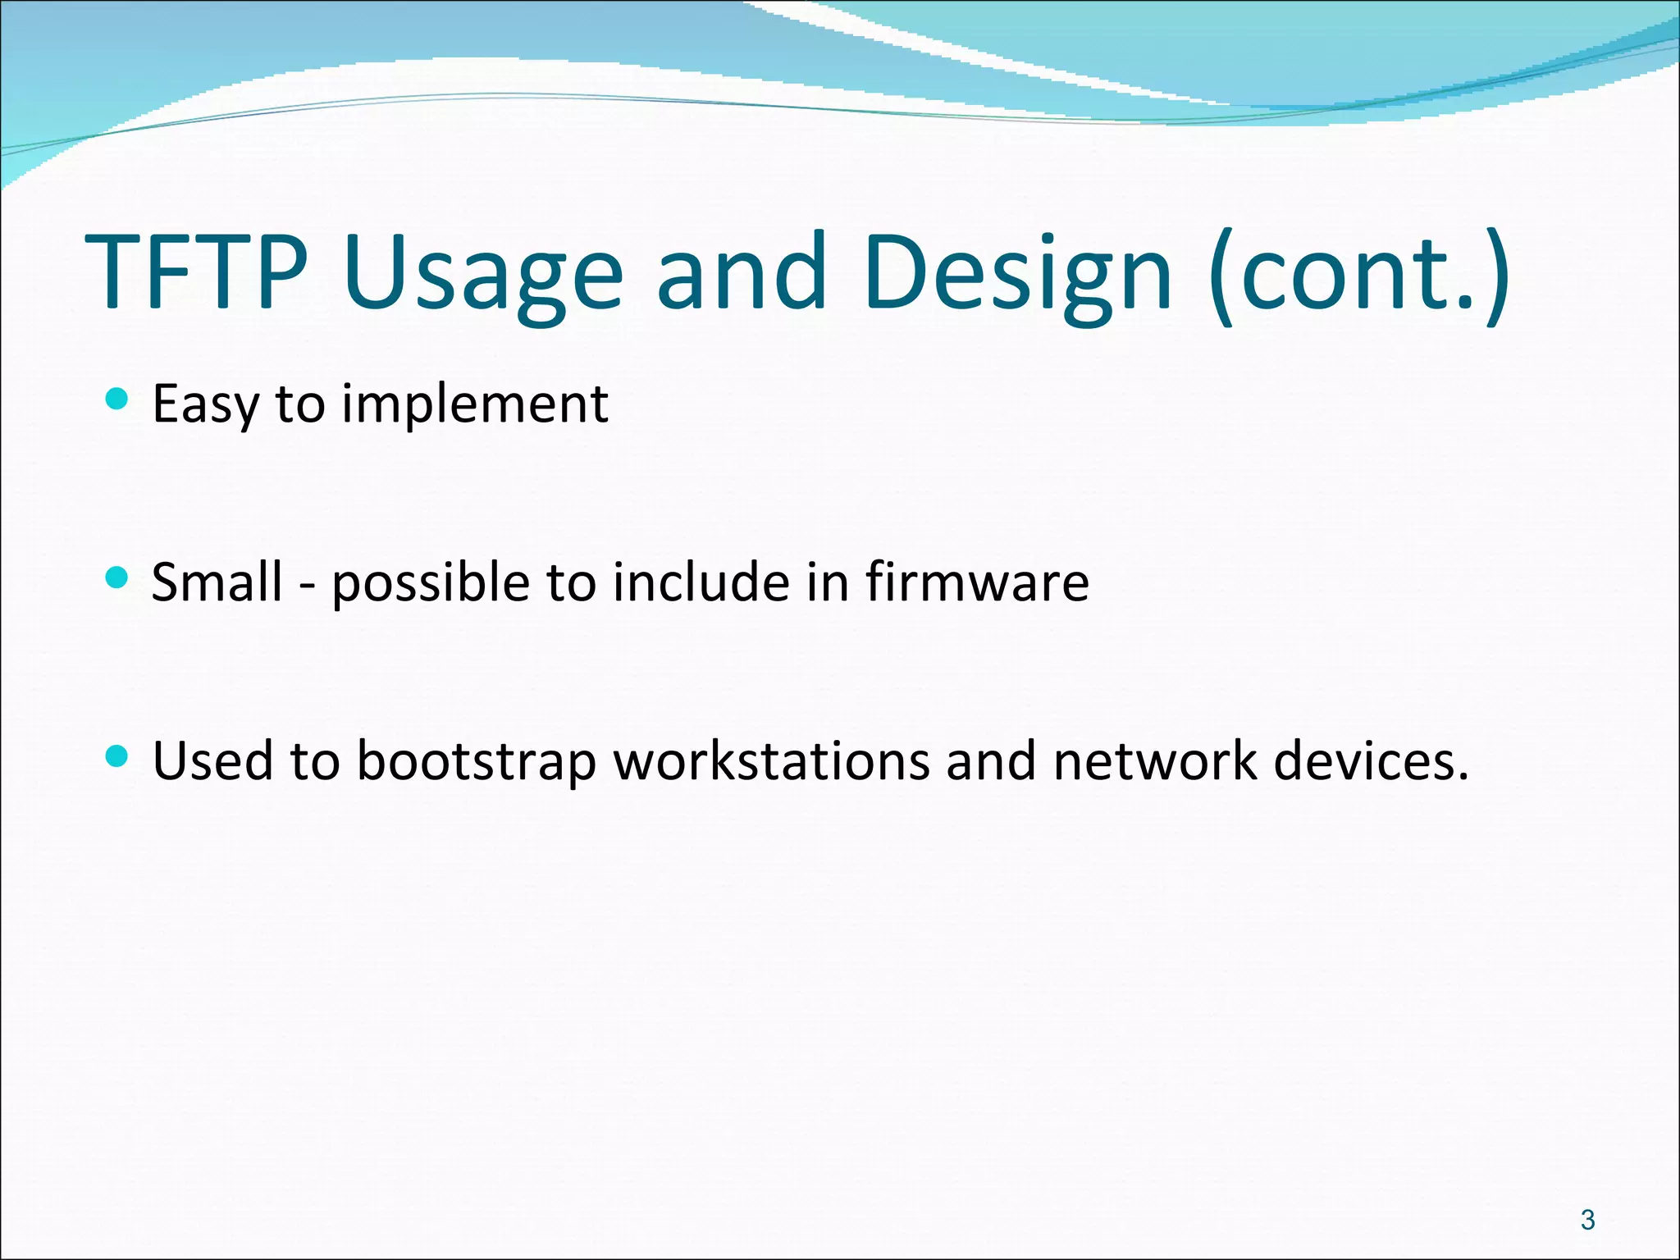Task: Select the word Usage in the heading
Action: [x=484, y=275]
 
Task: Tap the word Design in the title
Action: [x=1017, y=275]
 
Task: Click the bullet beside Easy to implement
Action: [x=118, y=399]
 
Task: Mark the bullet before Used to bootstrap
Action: [x=118, y=756]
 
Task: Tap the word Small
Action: [x=217, y=582]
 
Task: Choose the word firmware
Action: [x=977, y=582]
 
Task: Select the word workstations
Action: [x=771, y=760]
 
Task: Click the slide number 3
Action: [x=1587, y=1220]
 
